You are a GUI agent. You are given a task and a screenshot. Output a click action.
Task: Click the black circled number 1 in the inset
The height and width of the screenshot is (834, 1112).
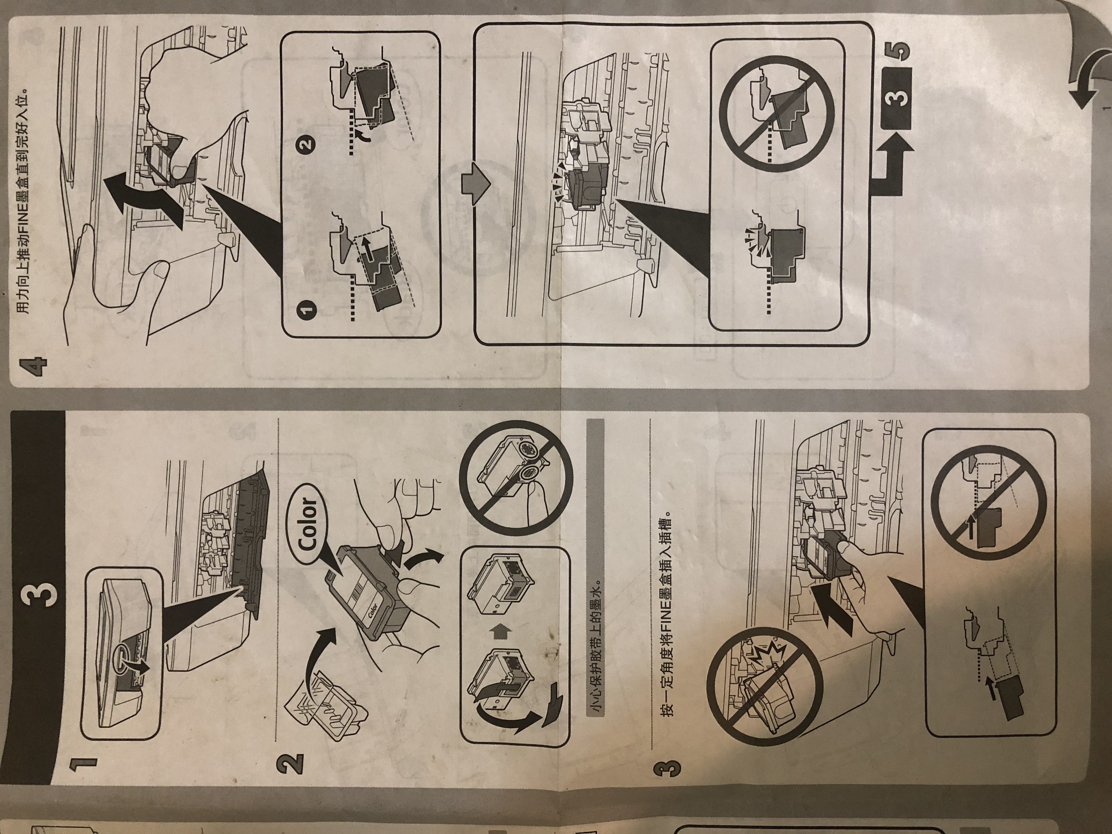click(x=308, y=309)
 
